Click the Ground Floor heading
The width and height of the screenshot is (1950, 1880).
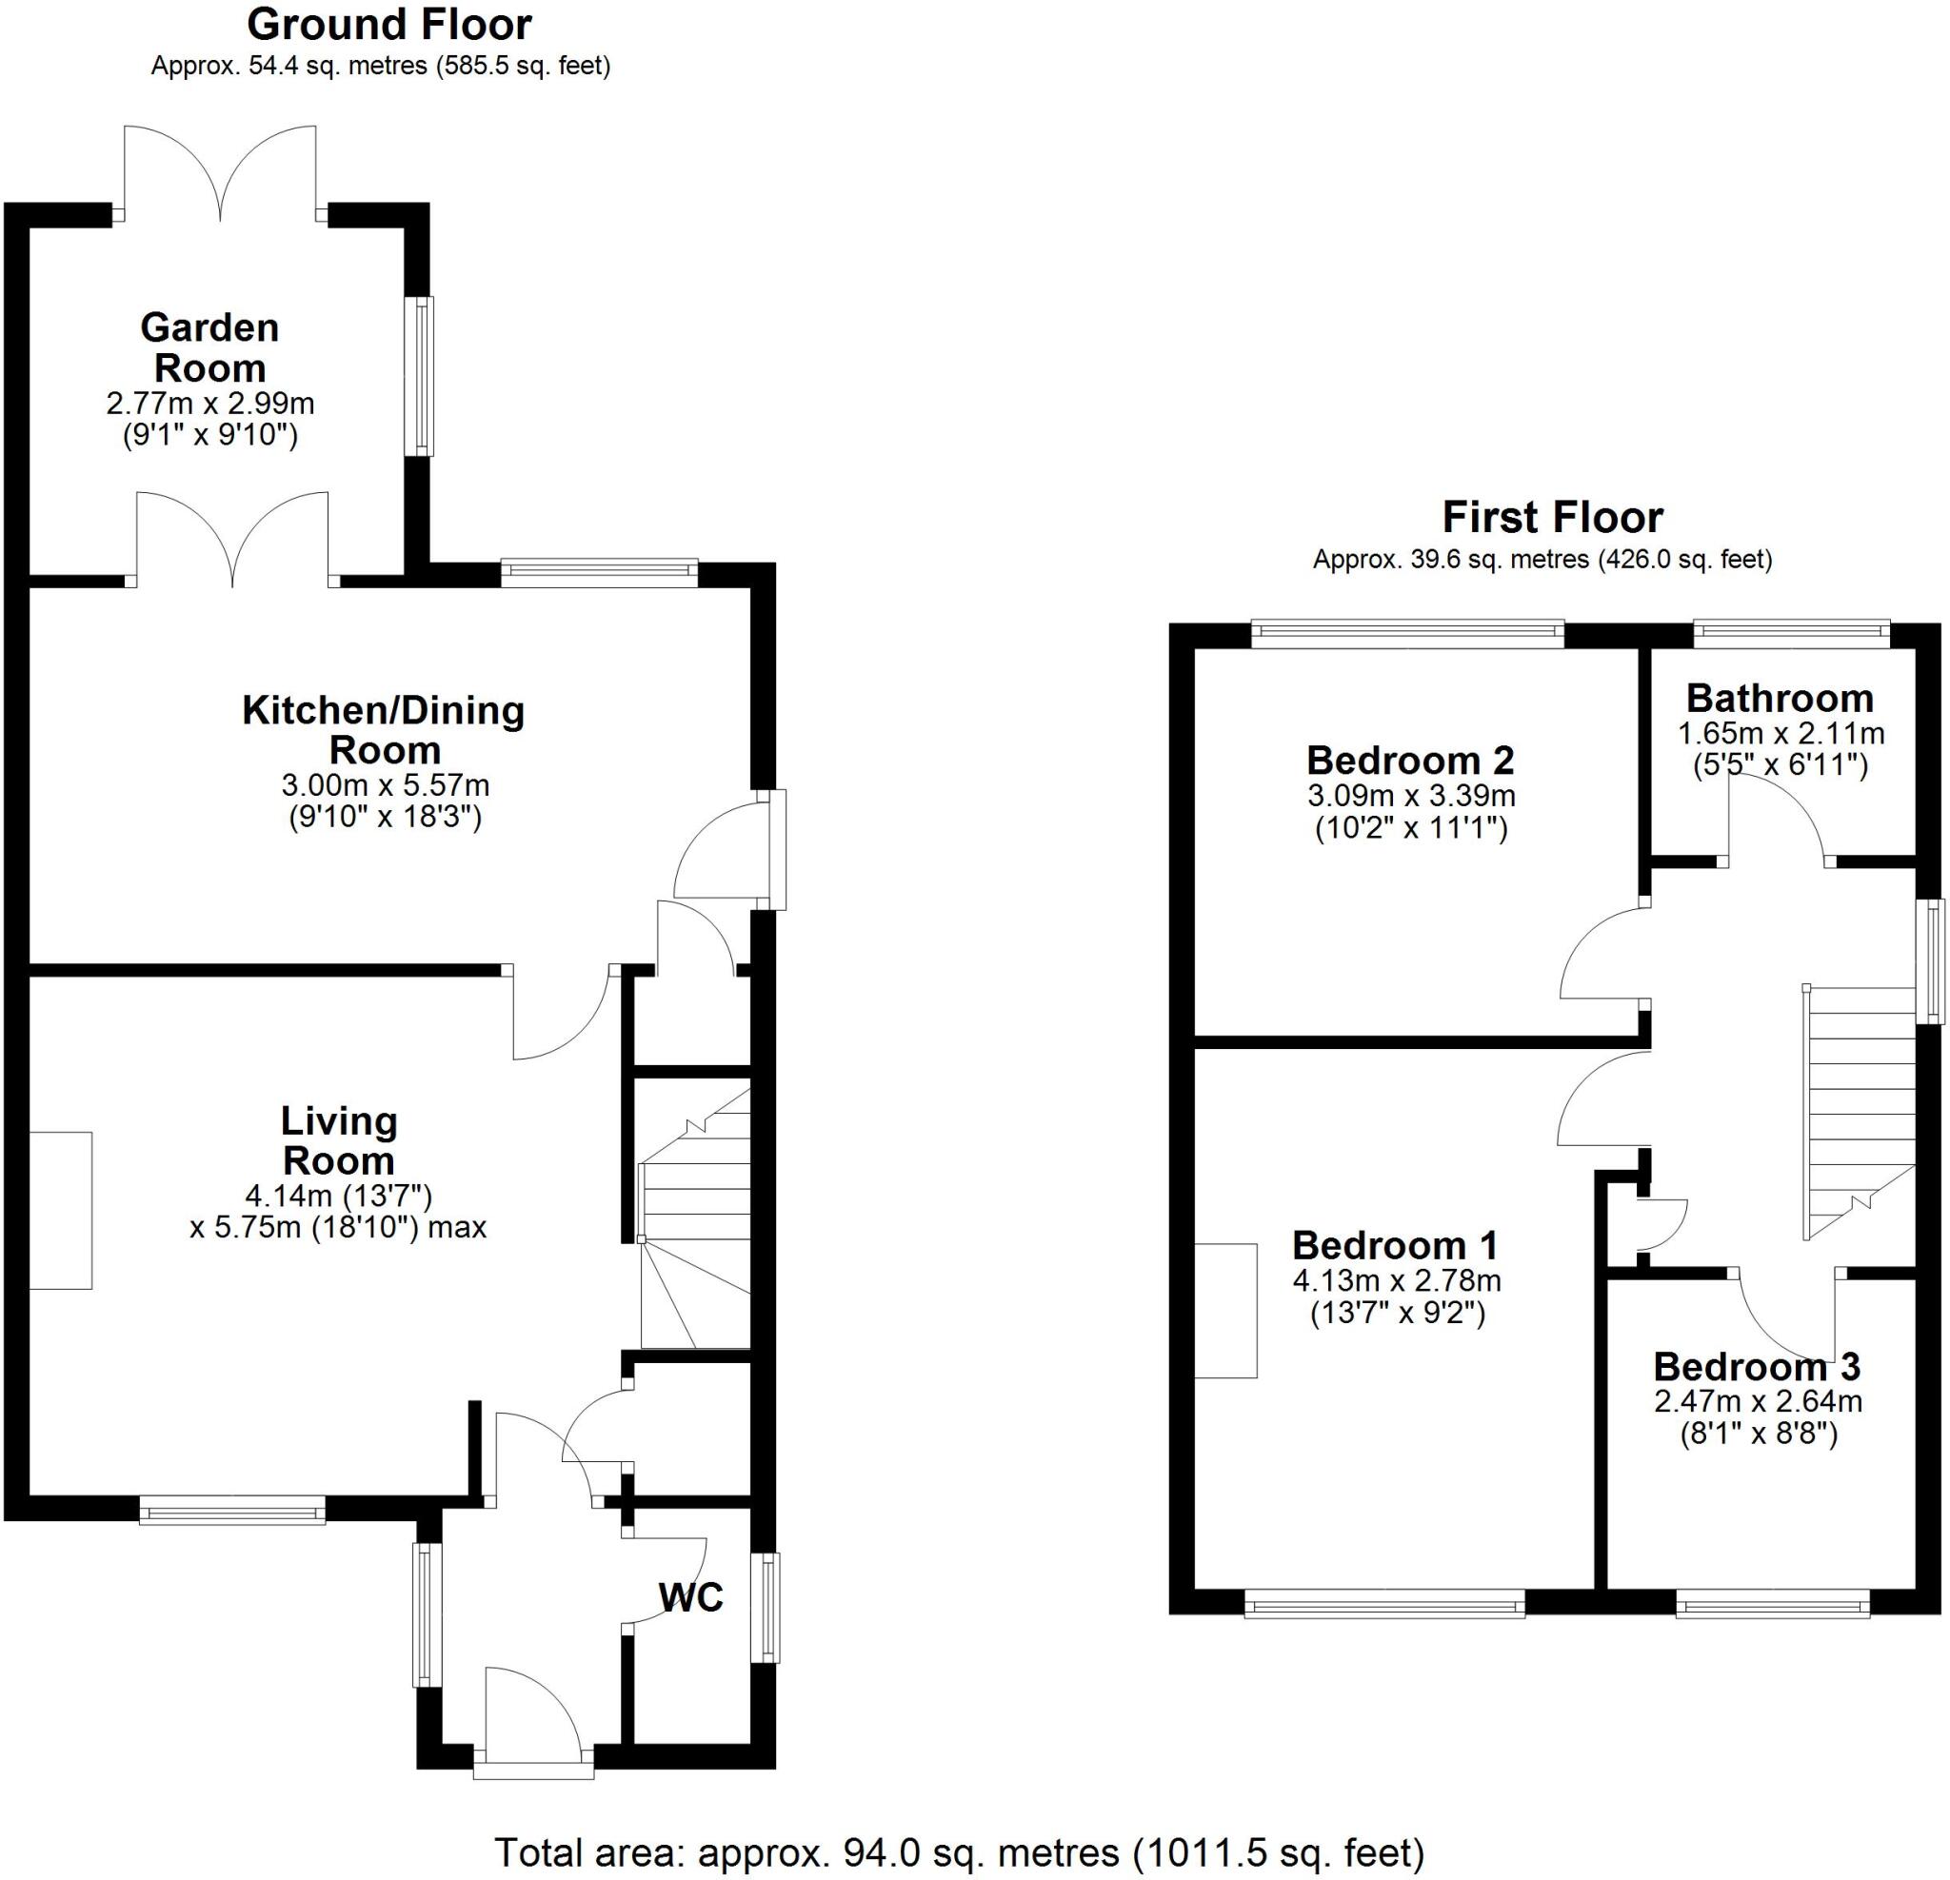(389, 24)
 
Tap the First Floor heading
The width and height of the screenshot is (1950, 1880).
(1552, 517)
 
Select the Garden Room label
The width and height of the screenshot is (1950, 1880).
(209, 347)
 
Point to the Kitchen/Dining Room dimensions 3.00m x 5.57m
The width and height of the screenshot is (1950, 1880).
(385, 784)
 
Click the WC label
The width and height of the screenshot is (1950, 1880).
(690, 1596)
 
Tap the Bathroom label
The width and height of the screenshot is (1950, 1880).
(1780, 699)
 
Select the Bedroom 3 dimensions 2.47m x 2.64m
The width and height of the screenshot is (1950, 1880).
(1758, 1401)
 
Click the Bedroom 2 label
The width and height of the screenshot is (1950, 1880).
(1410, 760)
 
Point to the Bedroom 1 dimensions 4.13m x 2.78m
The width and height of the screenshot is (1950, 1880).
(1397, 1280)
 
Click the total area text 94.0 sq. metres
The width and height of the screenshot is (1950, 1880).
(959, 1852)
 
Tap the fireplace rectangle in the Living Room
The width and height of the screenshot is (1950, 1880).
(61, 1211)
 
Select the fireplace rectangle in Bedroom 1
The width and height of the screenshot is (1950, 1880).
(1225, 1311)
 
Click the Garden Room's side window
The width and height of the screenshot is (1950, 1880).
(423, 376)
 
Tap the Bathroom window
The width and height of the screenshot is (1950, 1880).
(1791, 628)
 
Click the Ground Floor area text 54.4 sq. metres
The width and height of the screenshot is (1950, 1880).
(379, 67)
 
